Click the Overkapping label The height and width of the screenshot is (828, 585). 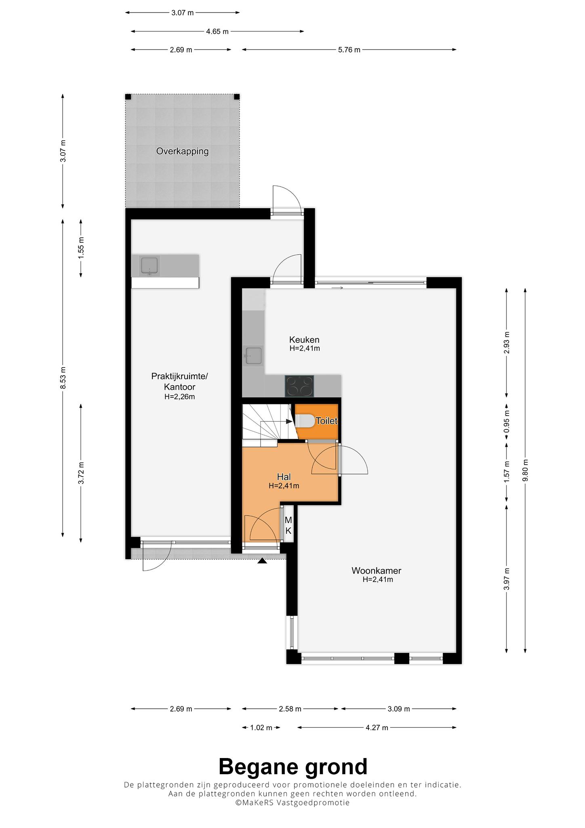[182, 151]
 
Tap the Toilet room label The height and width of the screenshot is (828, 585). [326, 421]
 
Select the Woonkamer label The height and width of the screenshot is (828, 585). [376, 570]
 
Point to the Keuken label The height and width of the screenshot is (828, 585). [304, 340]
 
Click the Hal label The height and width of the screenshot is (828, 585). [284, 477]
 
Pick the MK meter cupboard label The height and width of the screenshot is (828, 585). [288, 525]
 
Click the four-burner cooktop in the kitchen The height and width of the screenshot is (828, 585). [299, 386]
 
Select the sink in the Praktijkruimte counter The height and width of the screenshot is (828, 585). [149, 266]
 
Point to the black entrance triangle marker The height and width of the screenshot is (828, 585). [262, 560]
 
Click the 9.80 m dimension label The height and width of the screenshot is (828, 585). [525, 470]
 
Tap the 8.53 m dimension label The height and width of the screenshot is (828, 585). [63, 378]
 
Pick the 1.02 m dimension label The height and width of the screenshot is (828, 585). [261, 728]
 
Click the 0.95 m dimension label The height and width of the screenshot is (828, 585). [507, 421]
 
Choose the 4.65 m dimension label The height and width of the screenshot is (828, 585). [217, 31]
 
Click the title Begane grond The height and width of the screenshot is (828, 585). [293, 766]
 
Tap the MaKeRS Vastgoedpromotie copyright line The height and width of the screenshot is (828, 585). [293, 803]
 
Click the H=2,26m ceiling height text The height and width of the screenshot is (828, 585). [179, 397]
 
